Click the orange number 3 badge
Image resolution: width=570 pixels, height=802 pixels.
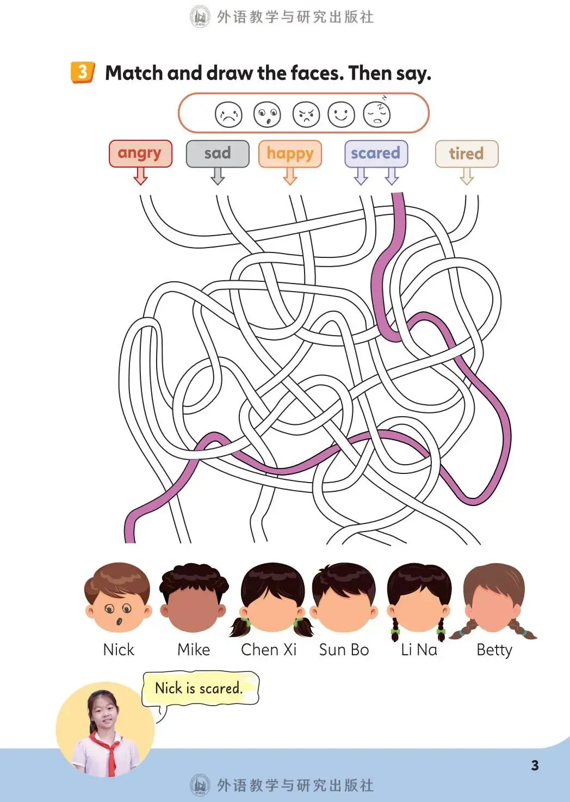(82, 72)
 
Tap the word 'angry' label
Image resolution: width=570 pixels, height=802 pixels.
(140, 153)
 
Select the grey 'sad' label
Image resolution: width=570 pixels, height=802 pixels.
(218, 153)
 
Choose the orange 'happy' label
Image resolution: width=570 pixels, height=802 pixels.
(290, 153)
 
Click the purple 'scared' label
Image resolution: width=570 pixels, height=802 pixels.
(376, 153)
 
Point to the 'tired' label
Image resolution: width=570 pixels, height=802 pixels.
(466, 153)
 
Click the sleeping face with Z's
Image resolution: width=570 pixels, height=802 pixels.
(377, 114)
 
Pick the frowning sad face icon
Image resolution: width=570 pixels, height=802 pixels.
(228, 115)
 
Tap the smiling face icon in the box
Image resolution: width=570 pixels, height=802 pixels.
(342, 115)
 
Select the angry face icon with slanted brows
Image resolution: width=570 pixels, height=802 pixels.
(306, 115)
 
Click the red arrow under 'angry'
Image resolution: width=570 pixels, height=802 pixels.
(141, 176)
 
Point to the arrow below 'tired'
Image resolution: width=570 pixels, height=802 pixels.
(466, 176)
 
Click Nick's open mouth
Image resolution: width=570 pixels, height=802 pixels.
(119, 621)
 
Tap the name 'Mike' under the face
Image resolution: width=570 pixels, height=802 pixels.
(194, 650)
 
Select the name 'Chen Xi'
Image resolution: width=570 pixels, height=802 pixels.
(269, 650)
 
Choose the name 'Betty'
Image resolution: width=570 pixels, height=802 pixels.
(494, 650)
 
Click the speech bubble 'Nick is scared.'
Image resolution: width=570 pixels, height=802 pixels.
(200, 688)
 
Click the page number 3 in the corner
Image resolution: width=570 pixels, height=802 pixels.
(535, 766)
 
